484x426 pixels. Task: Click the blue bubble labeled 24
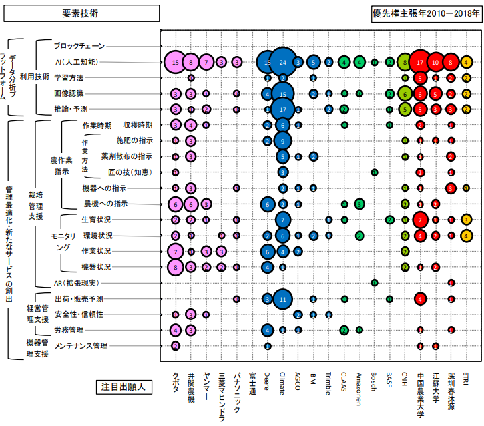click(x=282, y=62)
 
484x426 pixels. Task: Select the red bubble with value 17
click(x=420, y=62)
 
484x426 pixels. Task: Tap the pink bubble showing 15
click(x=175, y=62)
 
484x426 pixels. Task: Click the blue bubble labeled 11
click(x=282, y=299)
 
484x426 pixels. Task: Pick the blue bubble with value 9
click(x=282, y=140)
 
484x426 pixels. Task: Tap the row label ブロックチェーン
click(x=79, y=46)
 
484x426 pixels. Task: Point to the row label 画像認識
click(x=69, y=93)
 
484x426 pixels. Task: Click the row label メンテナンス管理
click(x=81, y=346)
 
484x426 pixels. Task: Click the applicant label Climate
click(x=282, y=385)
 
